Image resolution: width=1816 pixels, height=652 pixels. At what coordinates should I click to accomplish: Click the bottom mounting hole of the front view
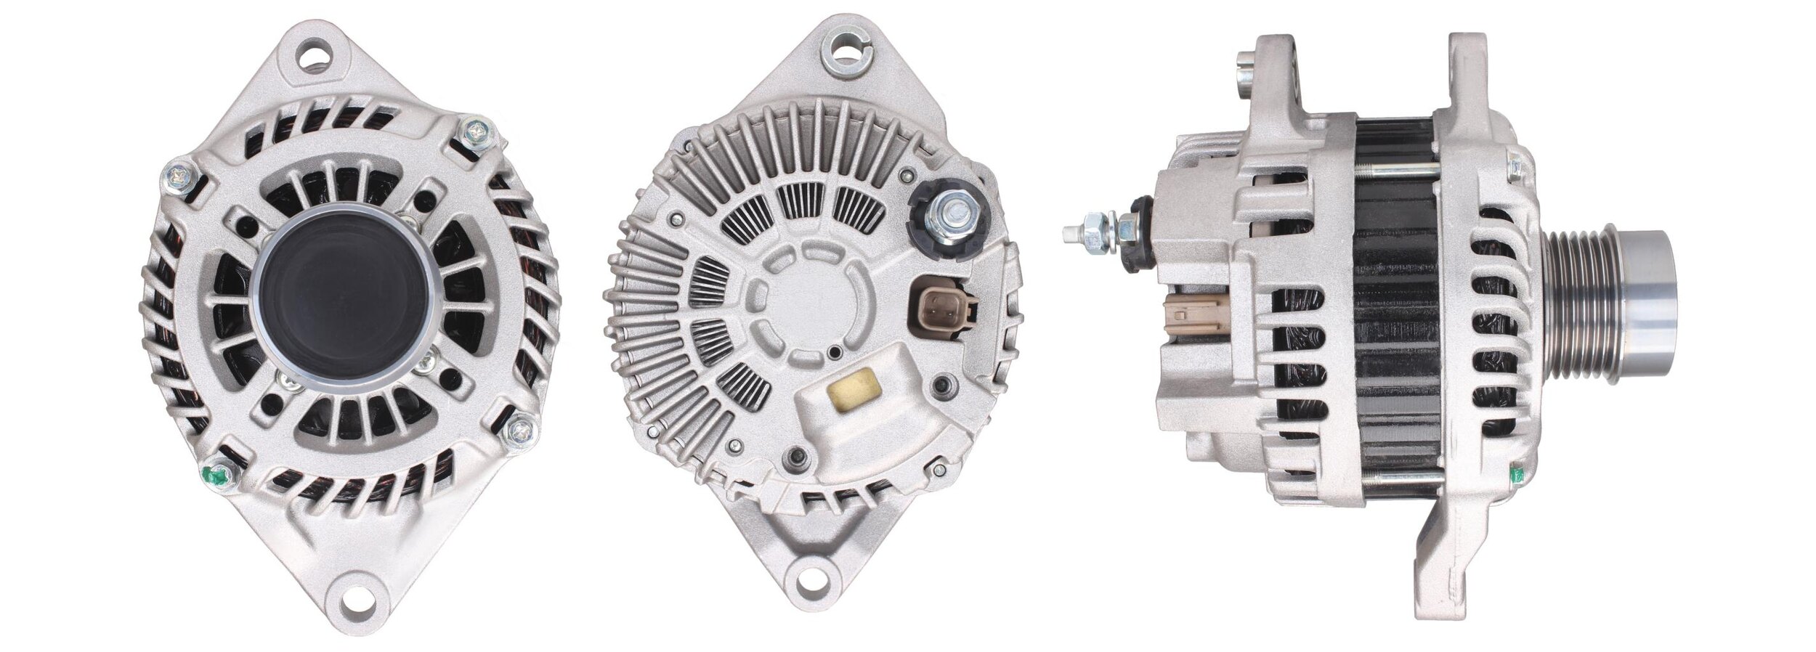[x=359, y=603]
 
